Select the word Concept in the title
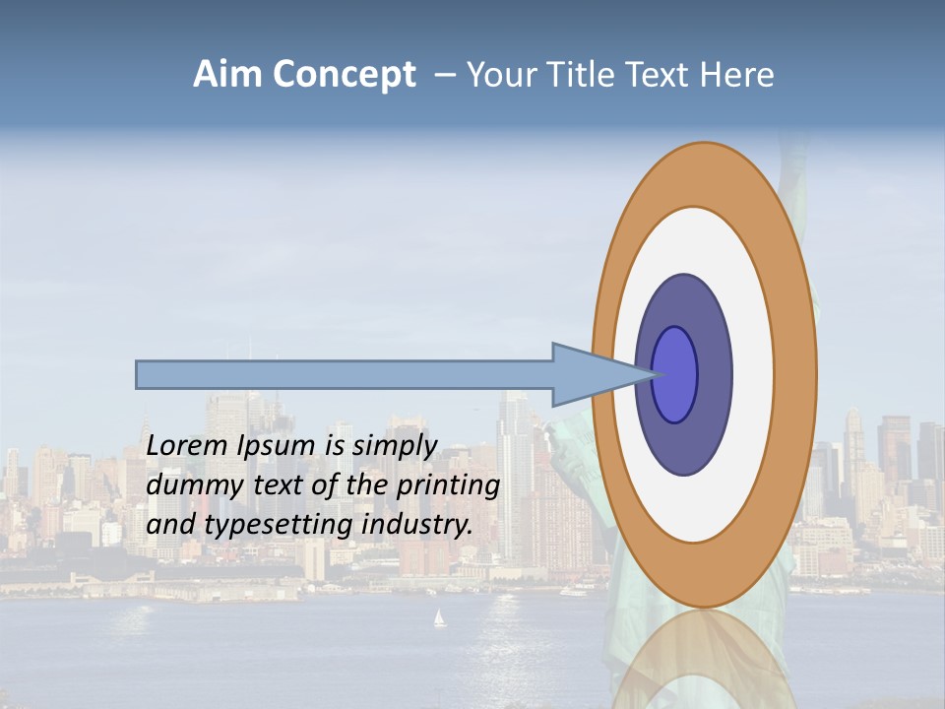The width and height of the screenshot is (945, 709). click(x=344, y=75)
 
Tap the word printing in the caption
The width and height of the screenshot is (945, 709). click(x=447, y=485)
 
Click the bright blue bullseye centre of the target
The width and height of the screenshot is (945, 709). click(x=675, y=375)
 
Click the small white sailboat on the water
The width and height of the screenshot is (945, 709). click(x=439, y=618)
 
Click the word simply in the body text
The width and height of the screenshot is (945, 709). click(x=395, y=446)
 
